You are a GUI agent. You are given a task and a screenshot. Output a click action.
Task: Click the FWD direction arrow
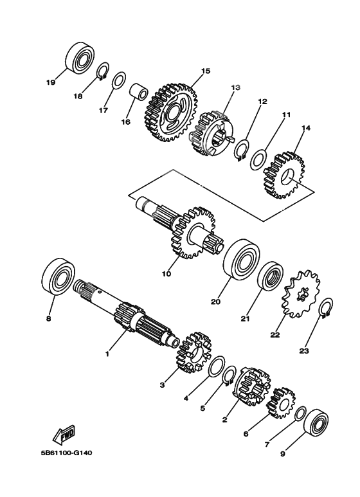(x=64, y=433)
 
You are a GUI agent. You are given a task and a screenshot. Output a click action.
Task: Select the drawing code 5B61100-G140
(x=66, y=453)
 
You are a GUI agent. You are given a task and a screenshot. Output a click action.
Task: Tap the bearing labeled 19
(x=80, y=57)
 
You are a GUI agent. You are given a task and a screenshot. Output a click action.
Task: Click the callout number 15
(x=206, y=71)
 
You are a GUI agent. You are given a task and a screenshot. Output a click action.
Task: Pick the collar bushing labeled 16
(x=139, y=91)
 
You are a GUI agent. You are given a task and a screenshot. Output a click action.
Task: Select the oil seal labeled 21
(x=270, y=276)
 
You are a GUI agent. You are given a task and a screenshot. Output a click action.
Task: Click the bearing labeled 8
(x=59, y=276)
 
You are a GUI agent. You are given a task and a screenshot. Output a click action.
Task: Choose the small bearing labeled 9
(x=316, y=422)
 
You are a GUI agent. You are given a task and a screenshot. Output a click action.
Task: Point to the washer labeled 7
(x=300, y=413)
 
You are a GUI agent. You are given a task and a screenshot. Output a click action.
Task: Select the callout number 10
(x=166, y=273)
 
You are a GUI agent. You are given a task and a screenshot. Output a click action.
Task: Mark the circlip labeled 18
(x=103, y=71)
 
